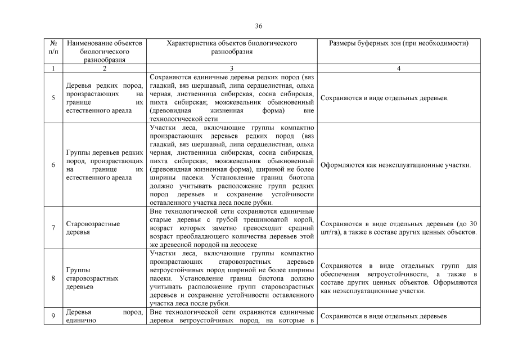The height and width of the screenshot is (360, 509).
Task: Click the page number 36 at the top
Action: [x=259, y=26]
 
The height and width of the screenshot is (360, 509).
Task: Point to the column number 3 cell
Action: [x=232, y=69]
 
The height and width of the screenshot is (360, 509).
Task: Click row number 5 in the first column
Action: [x=53, y=98]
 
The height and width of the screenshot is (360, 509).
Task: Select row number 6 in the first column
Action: [x=53, y=165]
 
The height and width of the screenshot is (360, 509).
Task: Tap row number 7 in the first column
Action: [x=53, y=228]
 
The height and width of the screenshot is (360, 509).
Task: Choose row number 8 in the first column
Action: [x=53, y=278]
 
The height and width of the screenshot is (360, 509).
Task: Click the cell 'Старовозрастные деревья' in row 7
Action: [x=93, y=228]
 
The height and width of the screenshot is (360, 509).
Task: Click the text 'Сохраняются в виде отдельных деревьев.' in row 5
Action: [x=384, y=98]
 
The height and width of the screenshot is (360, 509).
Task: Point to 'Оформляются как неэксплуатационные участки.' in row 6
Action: [x=395, y=165]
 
